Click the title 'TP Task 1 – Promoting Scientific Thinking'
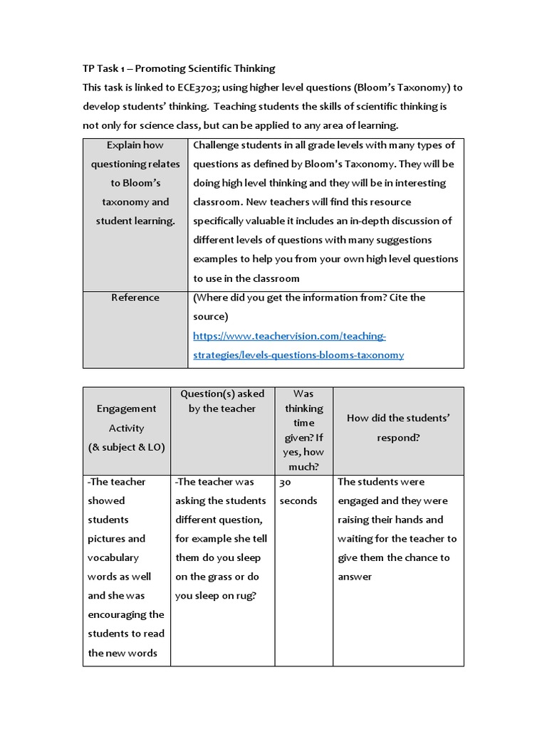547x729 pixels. point(179,68)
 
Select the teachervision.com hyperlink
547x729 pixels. point(298,345)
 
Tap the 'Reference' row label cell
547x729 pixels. point(135,298)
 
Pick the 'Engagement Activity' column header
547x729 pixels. point(126,427)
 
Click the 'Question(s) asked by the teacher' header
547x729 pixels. point(222,401)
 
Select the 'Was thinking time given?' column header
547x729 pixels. point(303,430)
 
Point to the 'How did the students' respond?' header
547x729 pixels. point(398,428)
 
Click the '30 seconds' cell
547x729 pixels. point(298,491)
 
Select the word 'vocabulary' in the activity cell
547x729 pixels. point(113,557)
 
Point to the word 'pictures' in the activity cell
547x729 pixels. point(117,539)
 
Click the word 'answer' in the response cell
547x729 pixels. point(355,577)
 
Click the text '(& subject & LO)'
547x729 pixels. point(126,447)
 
